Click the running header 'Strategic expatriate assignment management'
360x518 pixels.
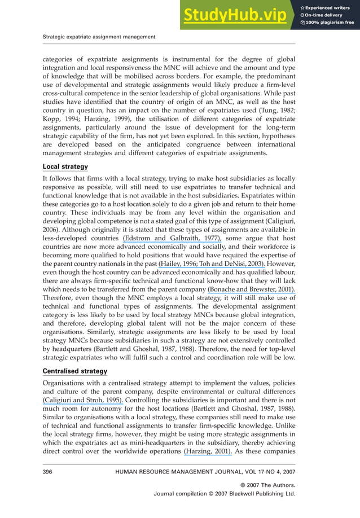99,37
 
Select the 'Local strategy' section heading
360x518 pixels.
66,167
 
